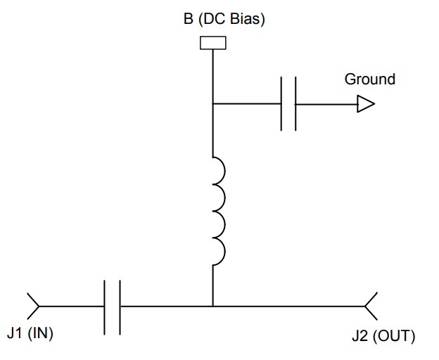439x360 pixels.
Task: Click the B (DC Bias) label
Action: pos(220,19)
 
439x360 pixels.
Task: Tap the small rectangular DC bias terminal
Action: pos(212,43)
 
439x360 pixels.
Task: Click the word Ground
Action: pos(369,79)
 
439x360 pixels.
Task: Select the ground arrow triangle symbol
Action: pos(365,105)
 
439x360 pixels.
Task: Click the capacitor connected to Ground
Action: pos(288,105)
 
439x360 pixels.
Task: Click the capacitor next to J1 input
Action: pos(112,307)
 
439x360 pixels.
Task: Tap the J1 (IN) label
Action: pos(30,333)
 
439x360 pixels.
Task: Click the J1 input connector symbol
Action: pos(33,307)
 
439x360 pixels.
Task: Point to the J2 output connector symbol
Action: pos(371,307)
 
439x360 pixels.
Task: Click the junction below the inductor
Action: pos(212,307)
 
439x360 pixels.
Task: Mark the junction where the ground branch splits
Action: pos(212,105)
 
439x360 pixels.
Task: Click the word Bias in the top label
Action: pos(249,19)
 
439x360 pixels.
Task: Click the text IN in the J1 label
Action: pos(39,333)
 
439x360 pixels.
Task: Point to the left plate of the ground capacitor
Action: pos(281,105)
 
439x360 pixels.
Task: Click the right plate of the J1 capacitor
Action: pos(120,307)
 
